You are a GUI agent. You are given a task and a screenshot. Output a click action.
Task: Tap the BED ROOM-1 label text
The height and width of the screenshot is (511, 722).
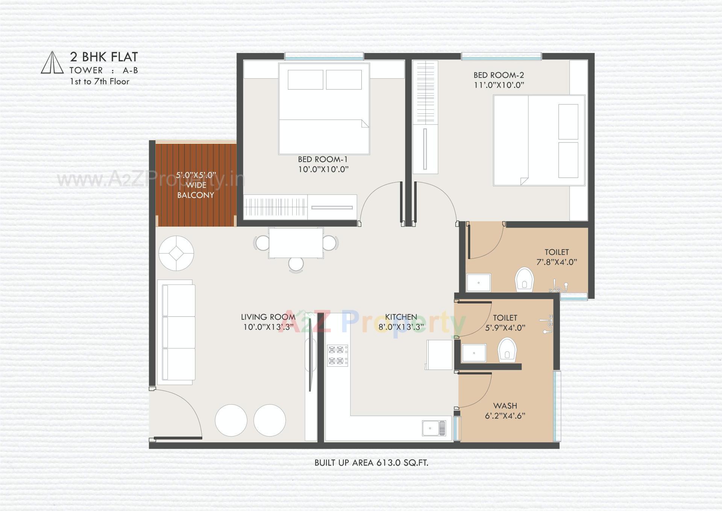coord(323,159)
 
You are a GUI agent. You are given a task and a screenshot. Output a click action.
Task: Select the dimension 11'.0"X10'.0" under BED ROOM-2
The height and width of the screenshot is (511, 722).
coord(499,85)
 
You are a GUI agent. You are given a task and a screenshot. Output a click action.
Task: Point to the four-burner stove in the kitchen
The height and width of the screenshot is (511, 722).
coord(337,355)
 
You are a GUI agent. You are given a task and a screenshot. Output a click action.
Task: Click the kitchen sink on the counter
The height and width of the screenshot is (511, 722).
coord(434,428)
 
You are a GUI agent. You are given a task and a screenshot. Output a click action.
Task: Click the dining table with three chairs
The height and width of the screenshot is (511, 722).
coord(296,243)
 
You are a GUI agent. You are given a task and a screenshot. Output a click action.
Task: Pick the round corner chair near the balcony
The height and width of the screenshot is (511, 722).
coord(176,253)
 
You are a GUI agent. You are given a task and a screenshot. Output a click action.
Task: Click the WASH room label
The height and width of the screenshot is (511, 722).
coord(505,406)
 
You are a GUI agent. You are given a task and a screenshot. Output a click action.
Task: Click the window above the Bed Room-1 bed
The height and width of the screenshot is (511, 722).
coord(324,56)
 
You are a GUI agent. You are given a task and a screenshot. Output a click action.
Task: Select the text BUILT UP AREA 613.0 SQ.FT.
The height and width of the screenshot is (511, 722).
coord(371,463)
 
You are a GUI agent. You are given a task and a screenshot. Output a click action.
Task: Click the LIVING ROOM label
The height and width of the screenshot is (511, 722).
coord(268,317)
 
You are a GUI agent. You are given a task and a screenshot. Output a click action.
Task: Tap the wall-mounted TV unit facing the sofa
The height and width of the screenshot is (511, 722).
coord(311,364)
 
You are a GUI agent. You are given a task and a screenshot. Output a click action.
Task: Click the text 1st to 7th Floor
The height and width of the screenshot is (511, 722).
coord(99,82)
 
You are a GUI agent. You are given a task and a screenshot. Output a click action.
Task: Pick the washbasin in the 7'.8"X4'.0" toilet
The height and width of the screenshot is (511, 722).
coord(478,283)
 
